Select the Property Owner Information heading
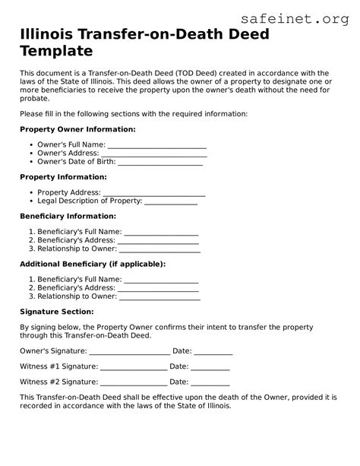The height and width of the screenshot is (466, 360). pos(77,129)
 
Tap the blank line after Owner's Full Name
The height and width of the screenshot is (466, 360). pos(157,144)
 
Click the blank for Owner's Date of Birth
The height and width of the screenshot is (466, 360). pos(160,162)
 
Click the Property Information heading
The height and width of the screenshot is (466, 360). pos(63,177)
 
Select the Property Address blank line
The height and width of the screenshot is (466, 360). pos(154,193)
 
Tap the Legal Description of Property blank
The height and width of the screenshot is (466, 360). pos(171,201)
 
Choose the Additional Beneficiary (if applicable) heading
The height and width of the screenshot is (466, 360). pos(93,264)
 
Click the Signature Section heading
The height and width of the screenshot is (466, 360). pos(57,312)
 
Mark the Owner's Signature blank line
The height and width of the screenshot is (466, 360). pos(130,352)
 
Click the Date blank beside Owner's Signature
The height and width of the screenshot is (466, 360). pos(213,352)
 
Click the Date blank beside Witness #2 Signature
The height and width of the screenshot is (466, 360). pos(210,382)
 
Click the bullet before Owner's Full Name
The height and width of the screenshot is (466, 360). pos(31,144)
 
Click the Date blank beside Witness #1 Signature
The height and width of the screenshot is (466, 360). pos(210,367)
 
